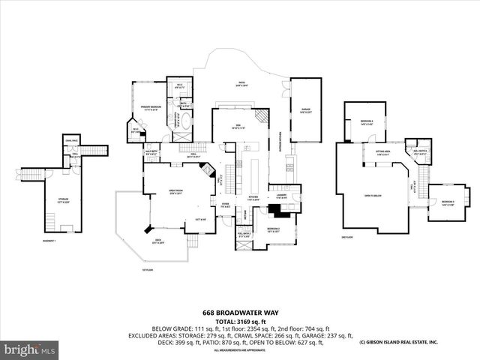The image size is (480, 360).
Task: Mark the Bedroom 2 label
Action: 273,230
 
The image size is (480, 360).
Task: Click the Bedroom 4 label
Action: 367,122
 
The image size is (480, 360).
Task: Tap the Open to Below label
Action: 373,195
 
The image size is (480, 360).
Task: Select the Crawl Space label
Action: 73,141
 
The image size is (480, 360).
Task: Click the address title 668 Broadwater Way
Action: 239,313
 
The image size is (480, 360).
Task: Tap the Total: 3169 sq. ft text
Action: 239,321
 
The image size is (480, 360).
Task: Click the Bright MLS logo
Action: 29,349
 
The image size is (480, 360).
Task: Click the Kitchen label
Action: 253,199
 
